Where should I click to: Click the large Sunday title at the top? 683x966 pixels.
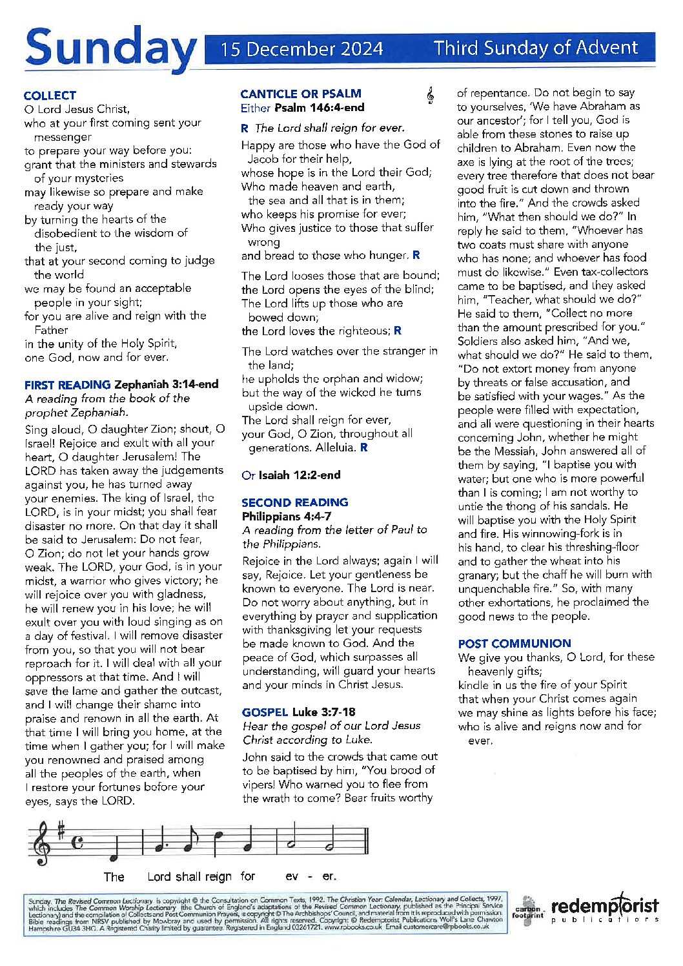(110, 48)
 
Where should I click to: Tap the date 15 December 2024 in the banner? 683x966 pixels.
(301, 49)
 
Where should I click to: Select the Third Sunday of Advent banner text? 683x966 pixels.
(535, 48)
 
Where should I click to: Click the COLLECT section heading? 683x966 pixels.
(50, 95)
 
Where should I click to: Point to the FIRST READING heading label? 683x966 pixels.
(68, 384)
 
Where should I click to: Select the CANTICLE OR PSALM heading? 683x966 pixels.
(301, 94)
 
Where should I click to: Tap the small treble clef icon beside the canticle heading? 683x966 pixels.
(430, 96)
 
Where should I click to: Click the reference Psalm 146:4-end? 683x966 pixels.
(319, 108)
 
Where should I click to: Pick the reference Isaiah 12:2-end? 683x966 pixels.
(299, 475)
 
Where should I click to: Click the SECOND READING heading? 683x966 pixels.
(294, 502)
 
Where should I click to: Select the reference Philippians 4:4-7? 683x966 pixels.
(286, 516)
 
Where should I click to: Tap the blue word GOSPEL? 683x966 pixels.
(265, 712)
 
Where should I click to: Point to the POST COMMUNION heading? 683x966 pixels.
(515, 643)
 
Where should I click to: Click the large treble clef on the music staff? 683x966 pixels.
(43, 843)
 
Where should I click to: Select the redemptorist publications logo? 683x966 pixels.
(604, 908)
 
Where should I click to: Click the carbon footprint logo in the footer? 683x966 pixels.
(528, 910)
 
